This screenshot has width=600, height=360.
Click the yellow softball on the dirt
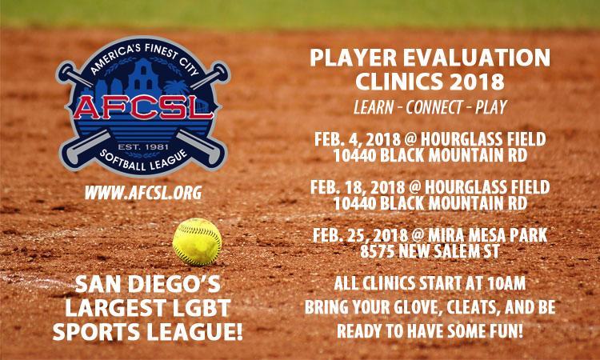tap(197, 242)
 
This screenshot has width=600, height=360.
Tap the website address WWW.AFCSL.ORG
tap(143, 193)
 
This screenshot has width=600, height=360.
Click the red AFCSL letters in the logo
tap(143, 107)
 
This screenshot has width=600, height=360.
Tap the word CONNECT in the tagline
tap(430, 107)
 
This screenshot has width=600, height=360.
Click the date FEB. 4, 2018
tap(357, 139)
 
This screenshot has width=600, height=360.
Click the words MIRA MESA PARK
tap(488, 235)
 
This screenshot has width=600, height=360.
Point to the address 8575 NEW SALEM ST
tap(430, 251)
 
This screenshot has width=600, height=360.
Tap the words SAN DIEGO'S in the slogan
tap(148, 284)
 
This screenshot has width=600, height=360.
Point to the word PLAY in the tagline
tap(491, 107)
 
